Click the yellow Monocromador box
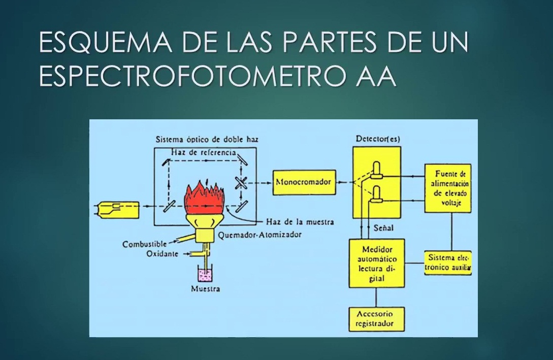304,182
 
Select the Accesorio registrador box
376,318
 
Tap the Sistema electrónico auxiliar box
448,263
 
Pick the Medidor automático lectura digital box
376,263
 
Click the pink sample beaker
206,276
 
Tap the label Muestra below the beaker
206,289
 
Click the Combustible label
144,244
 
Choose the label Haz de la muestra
300,222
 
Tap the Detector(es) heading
377,139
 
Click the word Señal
383,228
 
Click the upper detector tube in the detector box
376,171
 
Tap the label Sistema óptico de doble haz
211,139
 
